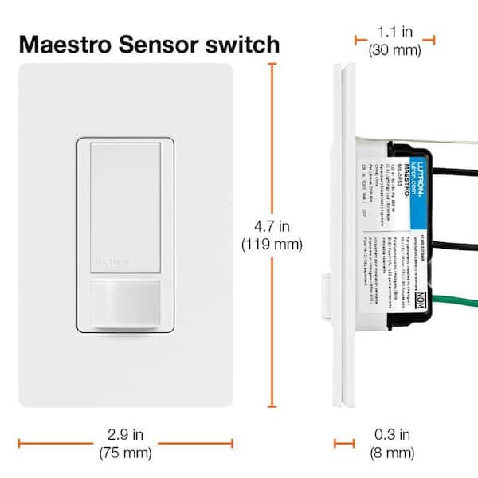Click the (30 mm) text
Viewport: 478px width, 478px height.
coord(394,49)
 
